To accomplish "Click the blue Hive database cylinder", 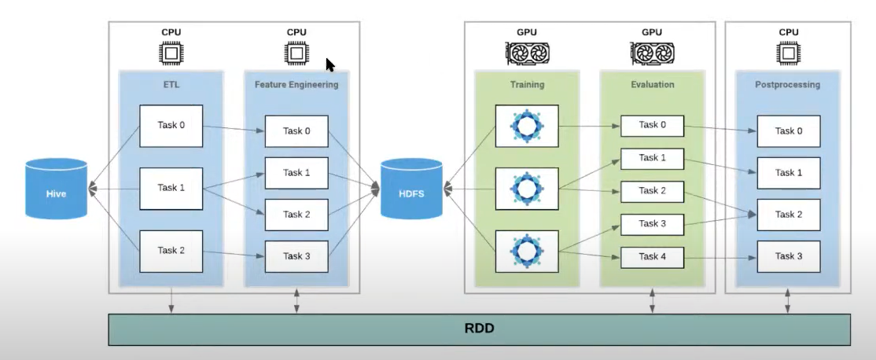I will (x=56, y=189).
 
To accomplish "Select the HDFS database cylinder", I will (x=411, y=189).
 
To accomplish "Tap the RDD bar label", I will (x=479, y=328).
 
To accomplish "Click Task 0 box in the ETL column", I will (x=171, y=126).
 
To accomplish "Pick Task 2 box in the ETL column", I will (x=171, y=251).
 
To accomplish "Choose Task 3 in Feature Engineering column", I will (x=296, y=256).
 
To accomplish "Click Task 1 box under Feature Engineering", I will (x=296, y=173).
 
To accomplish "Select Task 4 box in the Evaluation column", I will (x=652, y=256).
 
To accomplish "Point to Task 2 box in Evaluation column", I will (x=652, y=191).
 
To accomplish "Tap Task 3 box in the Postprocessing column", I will (x=789, y=256).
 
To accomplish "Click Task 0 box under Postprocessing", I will (x=789, y=131).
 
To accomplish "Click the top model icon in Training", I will (x=526, y=126).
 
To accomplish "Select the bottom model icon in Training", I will (x=526, y=251).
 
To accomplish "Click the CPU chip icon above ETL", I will (x=171, y=53).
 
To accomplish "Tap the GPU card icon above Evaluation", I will (x=652, y=53).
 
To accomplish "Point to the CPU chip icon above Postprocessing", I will (x=789, y=53).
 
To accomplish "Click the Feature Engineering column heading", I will (x=296, y=84).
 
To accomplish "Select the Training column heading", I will (x=526, y=84).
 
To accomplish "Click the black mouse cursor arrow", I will (x=330, y=64).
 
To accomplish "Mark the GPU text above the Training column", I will (x=526, y=32).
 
